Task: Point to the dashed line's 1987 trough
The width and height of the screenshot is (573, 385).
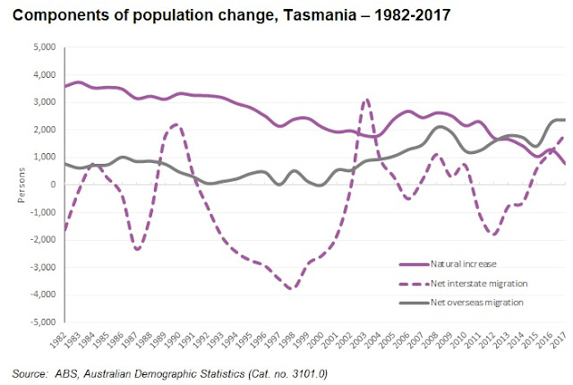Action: [137, 249]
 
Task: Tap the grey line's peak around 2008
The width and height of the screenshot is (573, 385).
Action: [438, 127]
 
